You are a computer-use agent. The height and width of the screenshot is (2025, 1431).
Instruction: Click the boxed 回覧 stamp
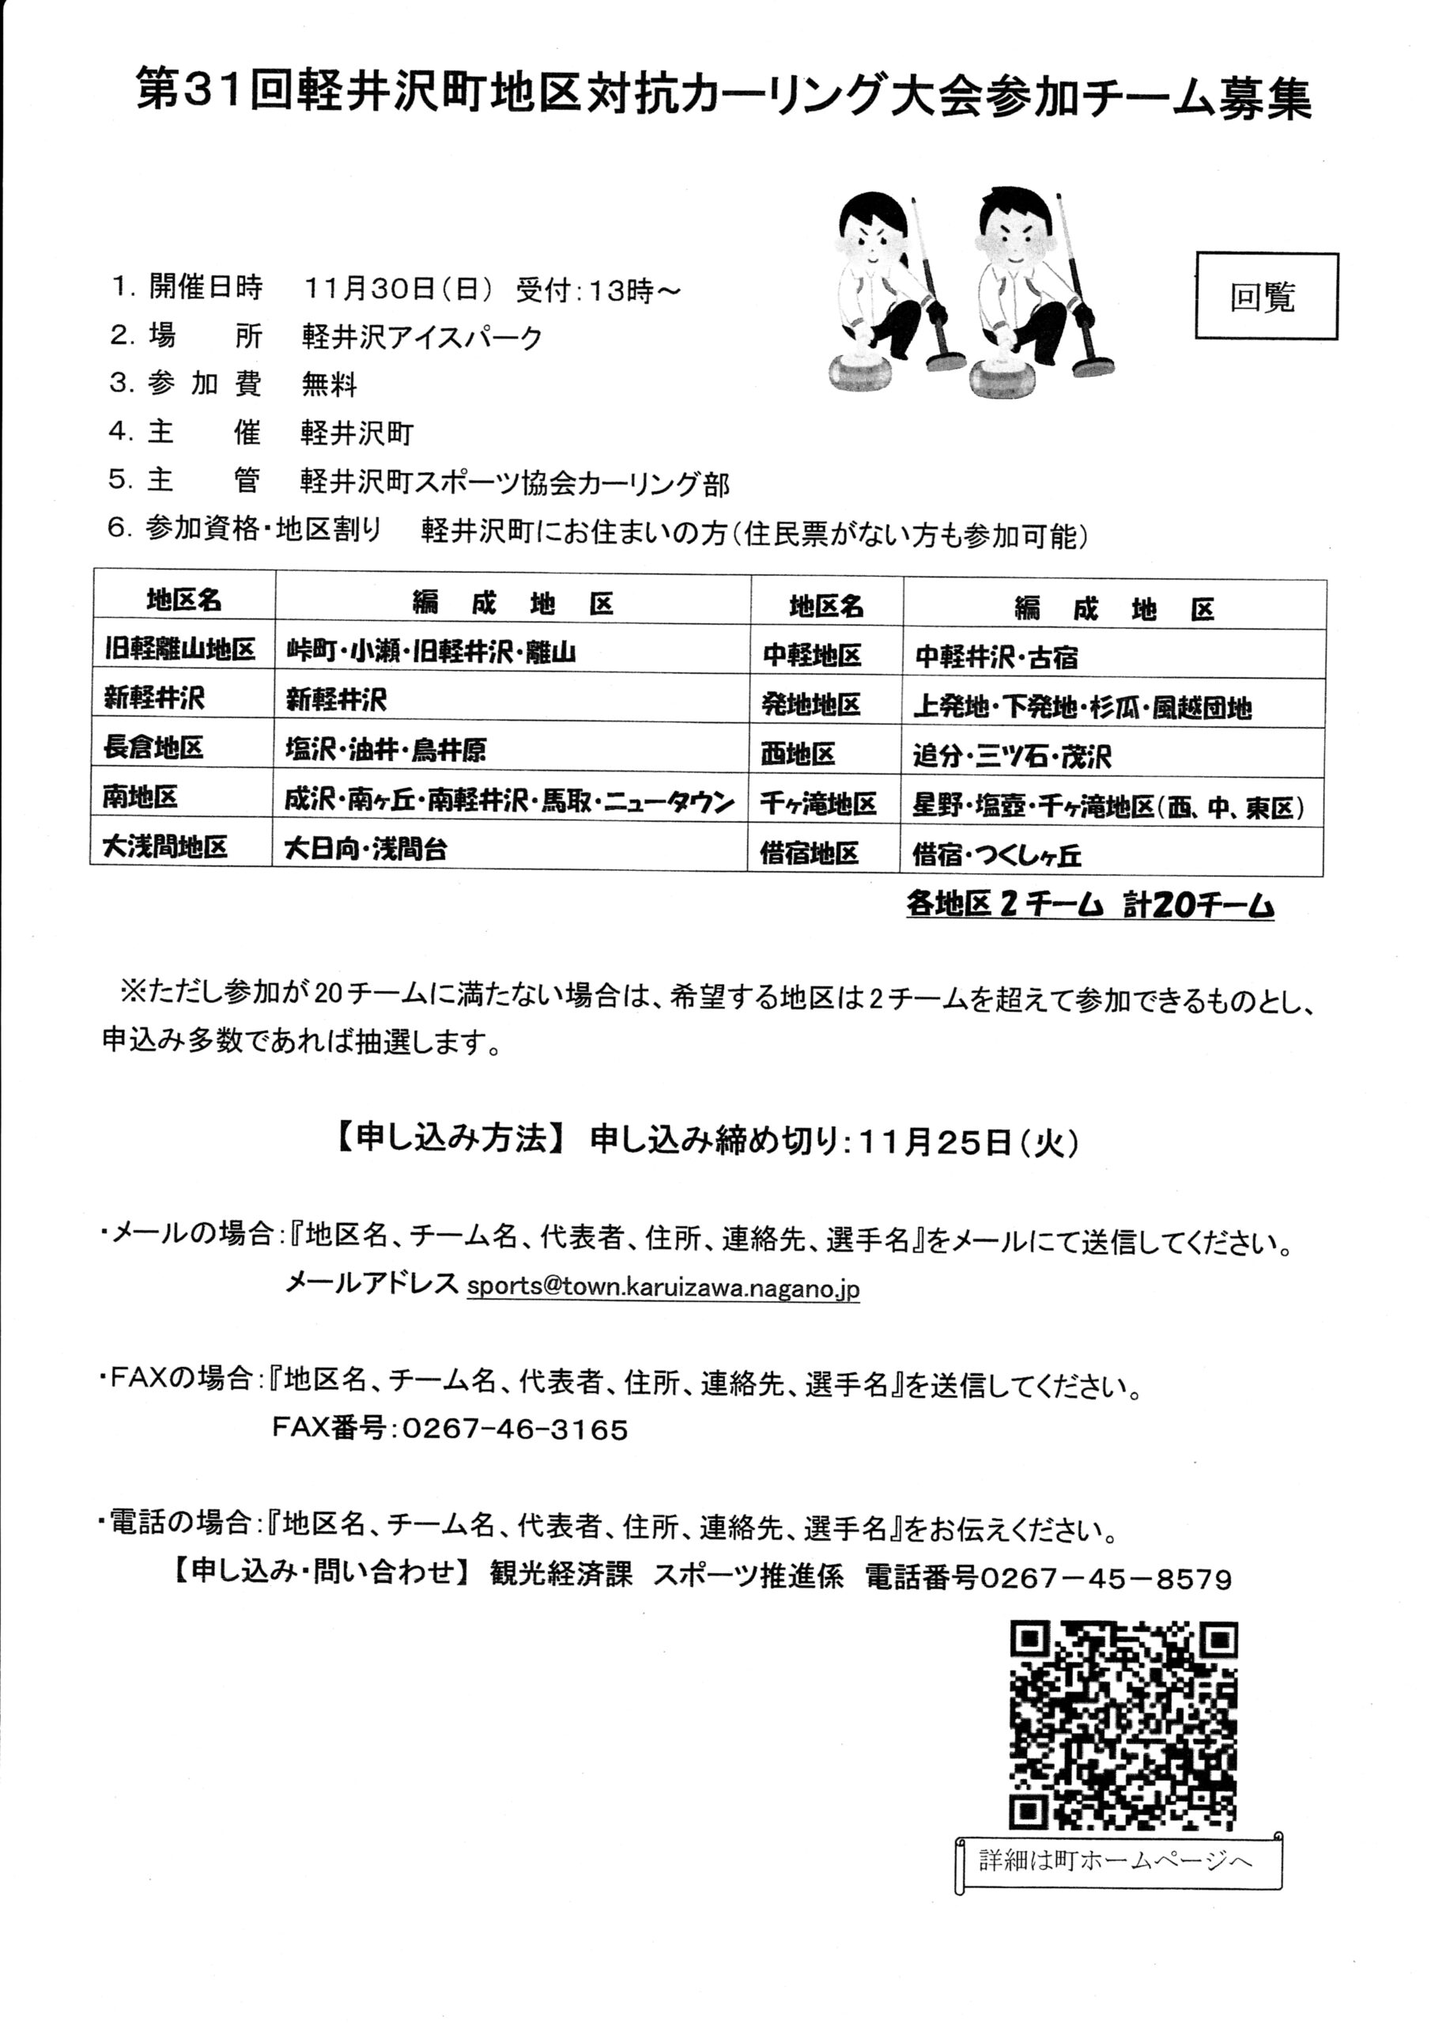tap(1265, 297)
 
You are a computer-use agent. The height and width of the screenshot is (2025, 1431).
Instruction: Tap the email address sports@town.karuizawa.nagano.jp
tap(663, 1287)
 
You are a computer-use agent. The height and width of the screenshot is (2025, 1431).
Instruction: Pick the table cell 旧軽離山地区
tap(180, 651)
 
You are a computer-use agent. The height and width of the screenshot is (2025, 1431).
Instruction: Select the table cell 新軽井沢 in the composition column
tap(337, 700)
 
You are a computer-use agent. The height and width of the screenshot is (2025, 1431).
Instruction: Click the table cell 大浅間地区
tap(166, 847)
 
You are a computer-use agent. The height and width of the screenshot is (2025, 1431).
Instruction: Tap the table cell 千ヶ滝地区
tap(819, 804)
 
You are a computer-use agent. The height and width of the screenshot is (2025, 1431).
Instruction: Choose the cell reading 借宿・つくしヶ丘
tap(996, 854)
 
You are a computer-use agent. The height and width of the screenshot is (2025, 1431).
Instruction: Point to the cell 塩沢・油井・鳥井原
tap(386, 750)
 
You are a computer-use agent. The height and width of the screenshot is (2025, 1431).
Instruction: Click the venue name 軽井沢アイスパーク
tap(421, 337)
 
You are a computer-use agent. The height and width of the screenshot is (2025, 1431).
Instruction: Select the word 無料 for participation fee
tap(329, 384)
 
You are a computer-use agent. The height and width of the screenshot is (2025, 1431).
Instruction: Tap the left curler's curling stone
tap(870, 368)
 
